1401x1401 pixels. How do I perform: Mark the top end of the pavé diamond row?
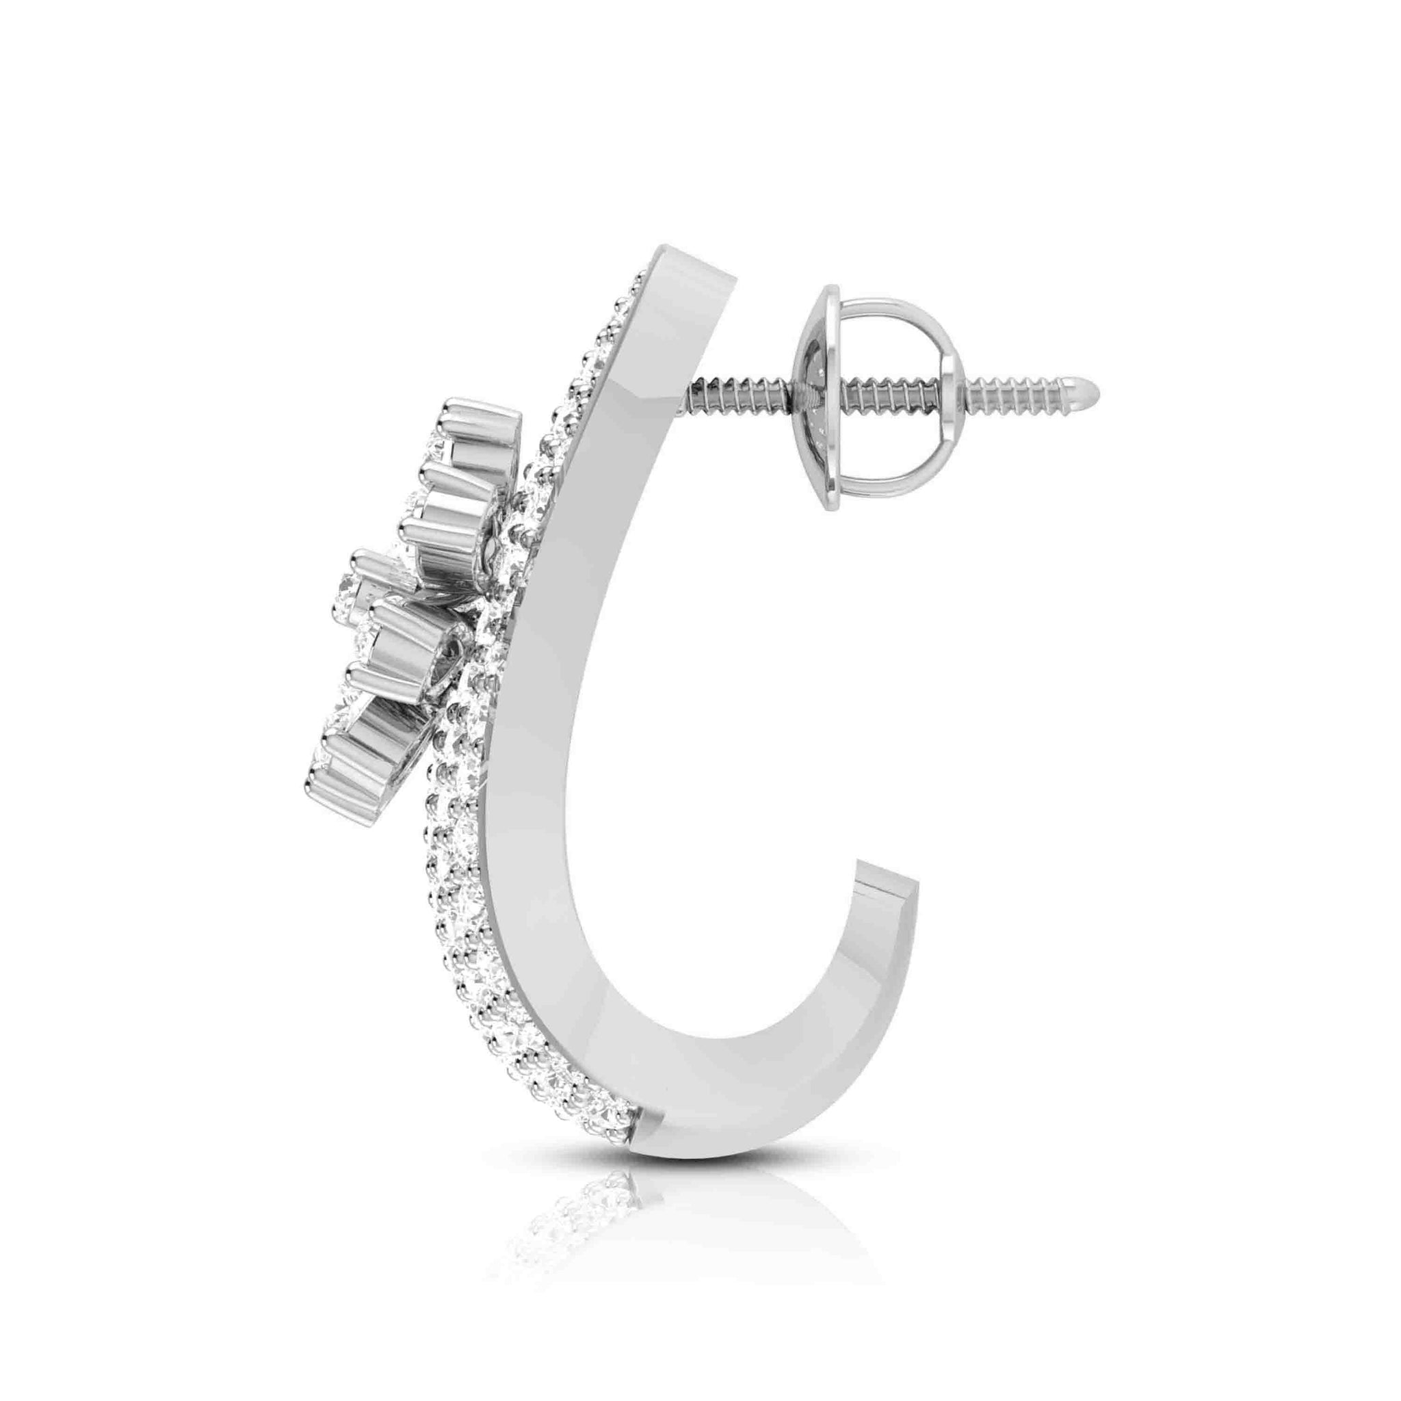638,279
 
